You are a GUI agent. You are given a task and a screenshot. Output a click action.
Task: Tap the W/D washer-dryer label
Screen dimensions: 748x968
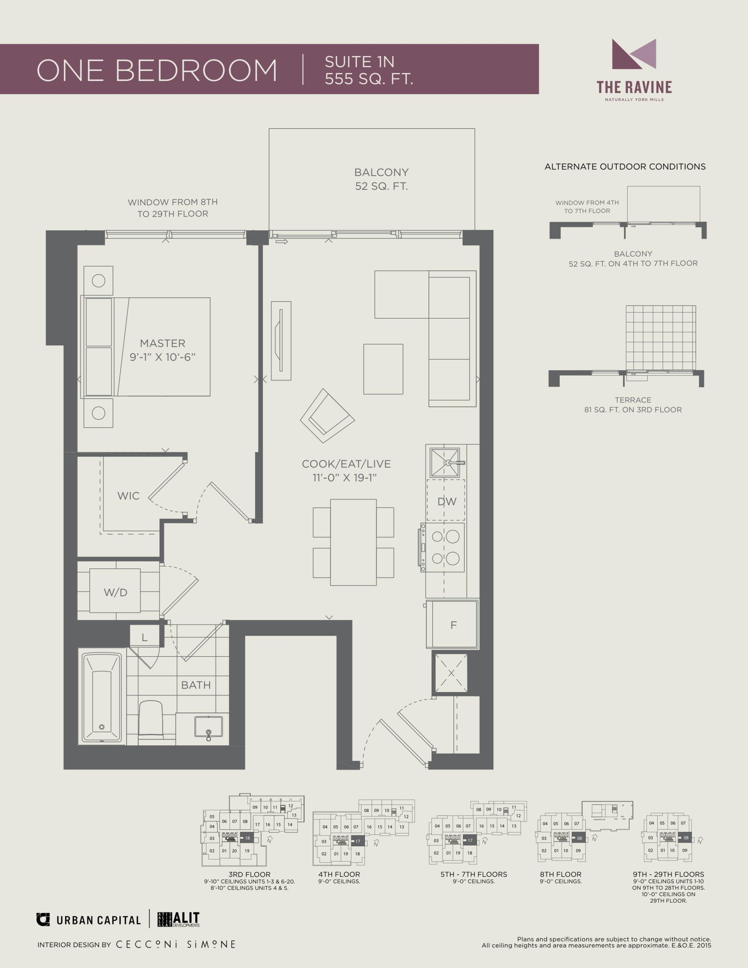115,592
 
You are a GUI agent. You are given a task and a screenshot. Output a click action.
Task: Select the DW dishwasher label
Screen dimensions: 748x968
447,501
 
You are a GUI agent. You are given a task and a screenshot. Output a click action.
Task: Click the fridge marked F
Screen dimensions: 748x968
452,625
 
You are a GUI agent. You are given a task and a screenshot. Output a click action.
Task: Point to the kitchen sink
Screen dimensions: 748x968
445,462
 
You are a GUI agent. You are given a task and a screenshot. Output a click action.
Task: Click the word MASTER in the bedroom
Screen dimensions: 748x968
162,343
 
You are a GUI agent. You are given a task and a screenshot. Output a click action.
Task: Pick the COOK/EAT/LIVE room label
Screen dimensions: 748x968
346,464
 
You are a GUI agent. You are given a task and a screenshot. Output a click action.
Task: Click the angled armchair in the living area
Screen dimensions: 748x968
327,416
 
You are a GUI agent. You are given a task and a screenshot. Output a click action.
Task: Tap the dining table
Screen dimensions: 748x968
353,542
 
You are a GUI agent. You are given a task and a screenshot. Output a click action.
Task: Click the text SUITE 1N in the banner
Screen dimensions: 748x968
359,62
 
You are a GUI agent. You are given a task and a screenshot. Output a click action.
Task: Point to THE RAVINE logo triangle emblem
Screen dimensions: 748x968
634,54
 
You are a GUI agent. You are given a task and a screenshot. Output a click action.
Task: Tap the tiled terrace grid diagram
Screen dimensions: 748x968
661,338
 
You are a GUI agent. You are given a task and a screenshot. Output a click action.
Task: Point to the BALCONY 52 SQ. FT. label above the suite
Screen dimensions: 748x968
381,179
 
